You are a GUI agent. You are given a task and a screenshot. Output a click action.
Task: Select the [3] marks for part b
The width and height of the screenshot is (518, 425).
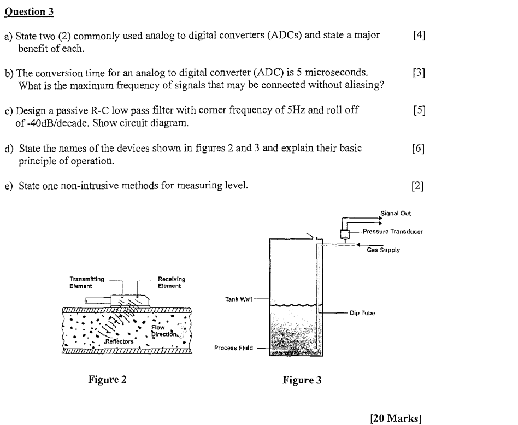[x=419, y=73]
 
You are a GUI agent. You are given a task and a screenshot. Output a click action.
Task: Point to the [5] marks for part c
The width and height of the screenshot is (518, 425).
[x=419, y=110]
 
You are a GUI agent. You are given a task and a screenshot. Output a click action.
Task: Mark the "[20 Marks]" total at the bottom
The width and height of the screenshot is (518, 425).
[x=396, y=419]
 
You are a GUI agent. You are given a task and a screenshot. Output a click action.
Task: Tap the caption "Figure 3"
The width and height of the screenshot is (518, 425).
[x=302, y=380]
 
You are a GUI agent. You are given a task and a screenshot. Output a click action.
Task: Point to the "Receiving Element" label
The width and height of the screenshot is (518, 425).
[x=172, y=282]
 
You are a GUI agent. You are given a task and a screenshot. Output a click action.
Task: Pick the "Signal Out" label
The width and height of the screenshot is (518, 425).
[x=396, y=214]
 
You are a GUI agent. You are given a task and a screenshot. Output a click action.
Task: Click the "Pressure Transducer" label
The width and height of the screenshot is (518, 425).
[x=393, y=231]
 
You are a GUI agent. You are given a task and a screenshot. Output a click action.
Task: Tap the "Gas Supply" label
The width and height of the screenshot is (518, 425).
[x=383, y=250]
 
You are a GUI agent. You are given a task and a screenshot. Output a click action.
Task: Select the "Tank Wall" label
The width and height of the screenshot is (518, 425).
[x=238, y=299]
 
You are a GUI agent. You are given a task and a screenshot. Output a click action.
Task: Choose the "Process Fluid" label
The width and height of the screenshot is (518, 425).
[x=233, y=347]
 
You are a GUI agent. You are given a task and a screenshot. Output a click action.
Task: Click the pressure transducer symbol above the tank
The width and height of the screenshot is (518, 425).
[x=345, y=234]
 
